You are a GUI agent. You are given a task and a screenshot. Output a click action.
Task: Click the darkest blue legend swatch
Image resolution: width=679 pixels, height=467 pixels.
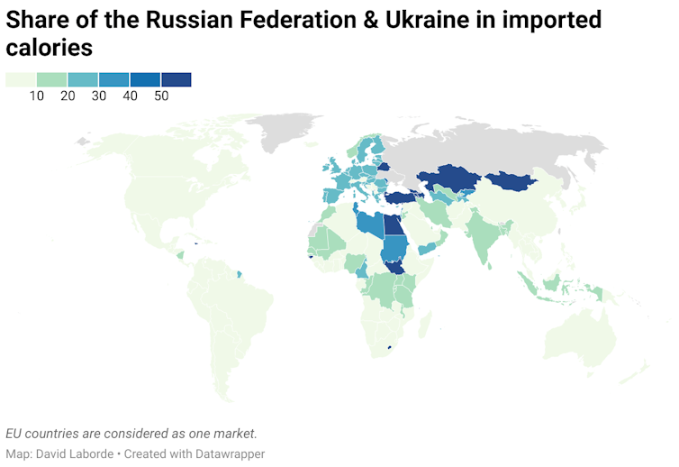[x=177, y=80]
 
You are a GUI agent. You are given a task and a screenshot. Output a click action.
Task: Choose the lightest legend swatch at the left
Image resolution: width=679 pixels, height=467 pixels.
[x=21, y=80]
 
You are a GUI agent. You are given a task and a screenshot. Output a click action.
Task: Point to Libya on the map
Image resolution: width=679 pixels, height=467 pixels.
[x=367, y=225]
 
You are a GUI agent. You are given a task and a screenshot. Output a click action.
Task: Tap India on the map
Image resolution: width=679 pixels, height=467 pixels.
[x=486, y=236]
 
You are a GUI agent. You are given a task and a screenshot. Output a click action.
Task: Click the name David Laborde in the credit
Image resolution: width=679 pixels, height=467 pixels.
[x=77, y=453]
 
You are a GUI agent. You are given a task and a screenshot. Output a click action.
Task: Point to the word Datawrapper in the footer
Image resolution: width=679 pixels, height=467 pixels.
[x=224, y=453]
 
